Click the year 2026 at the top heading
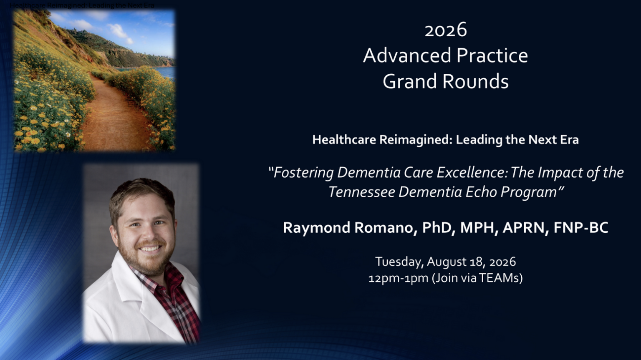click(446, 30)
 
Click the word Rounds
click(476, 81)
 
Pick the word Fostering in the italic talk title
click(303, 172)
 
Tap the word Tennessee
click(361, 192)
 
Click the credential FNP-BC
click(581, 228)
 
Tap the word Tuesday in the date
click(399, 262)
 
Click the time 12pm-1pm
click(399, 278)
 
